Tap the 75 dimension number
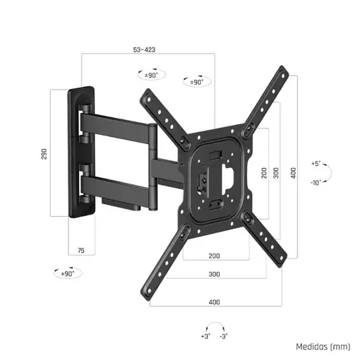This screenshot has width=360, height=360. (81, 251)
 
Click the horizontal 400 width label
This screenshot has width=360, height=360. (215, 301)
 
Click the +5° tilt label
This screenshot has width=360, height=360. (316, 164)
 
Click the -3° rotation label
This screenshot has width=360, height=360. (223, 337)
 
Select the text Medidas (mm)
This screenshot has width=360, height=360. (323, 347)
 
